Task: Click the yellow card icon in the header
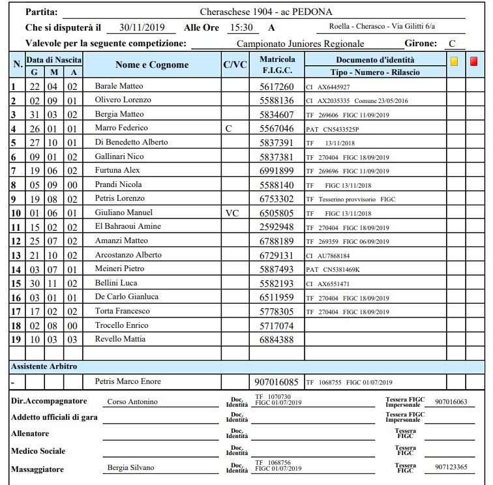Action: tap(455, 61)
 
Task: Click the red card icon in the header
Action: tap(474, 61)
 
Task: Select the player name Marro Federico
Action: tap(121, 128)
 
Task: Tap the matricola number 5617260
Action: tap(276, 86)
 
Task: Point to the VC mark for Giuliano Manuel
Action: tap(232, 213)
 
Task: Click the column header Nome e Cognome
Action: tap(152, 65)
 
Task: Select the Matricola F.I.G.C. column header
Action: tap(277, 65)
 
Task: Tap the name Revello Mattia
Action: tap(120, 340)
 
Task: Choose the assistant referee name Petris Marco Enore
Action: tap(128, 381)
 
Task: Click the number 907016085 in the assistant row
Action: tap(276, 381)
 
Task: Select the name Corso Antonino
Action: tap(132, 402)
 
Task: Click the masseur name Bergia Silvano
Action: tap(130, 467)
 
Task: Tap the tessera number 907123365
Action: tap(451, 467)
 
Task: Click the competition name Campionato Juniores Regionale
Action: tap(300, 44)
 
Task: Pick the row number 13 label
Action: tap(14, 255)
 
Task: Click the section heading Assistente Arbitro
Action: tap(44, 366)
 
